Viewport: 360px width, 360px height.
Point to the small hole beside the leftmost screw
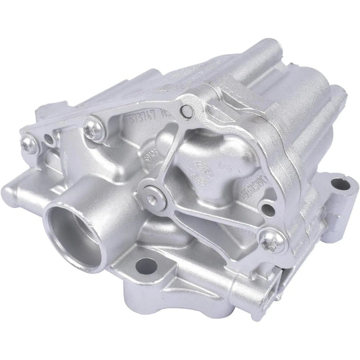pos(48,140)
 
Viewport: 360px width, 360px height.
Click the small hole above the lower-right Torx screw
pos(267,207)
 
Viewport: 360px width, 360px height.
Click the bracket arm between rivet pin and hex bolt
pos(173,150)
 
